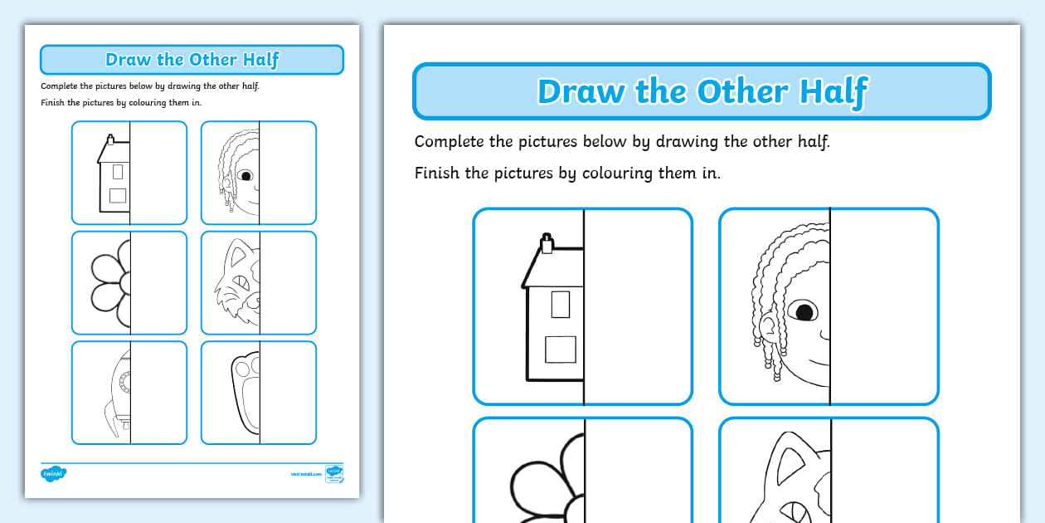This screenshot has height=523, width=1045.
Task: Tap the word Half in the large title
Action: (x=831, y=91)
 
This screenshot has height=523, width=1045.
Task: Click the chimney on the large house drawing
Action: (x=546, y=242)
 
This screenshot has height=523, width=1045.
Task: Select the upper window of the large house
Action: (x=561, y=304)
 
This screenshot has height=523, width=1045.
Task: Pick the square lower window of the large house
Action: (x=560, y=349)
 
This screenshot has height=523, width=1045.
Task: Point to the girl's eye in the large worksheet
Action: (x=804, y=312)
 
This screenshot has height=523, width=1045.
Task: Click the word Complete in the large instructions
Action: (x=449, y=141)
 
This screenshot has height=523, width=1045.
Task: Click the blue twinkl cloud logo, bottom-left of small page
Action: (x=53, y=474)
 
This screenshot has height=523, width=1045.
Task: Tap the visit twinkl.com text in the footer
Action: (x=306, y=475)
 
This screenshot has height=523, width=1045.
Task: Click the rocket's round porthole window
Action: (x=125, y=382)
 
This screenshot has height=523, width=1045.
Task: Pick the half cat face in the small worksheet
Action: (x=239, y=283)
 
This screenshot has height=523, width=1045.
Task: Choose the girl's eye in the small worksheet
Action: (x=246, y=176)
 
